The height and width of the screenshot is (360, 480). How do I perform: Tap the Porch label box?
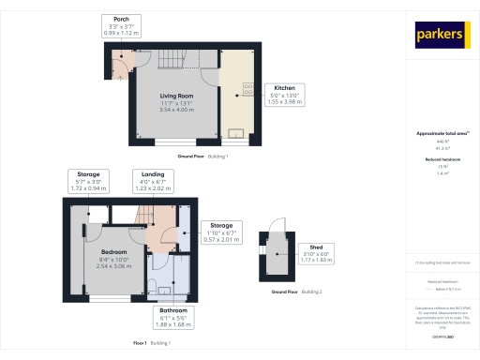click(121, 26)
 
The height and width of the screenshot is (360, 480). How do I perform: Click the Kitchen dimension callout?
click(284, 94)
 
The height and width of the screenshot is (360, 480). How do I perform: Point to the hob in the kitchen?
click(249, 90)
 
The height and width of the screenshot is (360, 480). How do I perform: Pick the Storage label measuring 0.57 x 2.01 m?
click(221, 232)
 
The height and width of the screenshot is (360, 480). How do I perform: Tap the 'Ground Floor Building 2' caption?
click(297, 293)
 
